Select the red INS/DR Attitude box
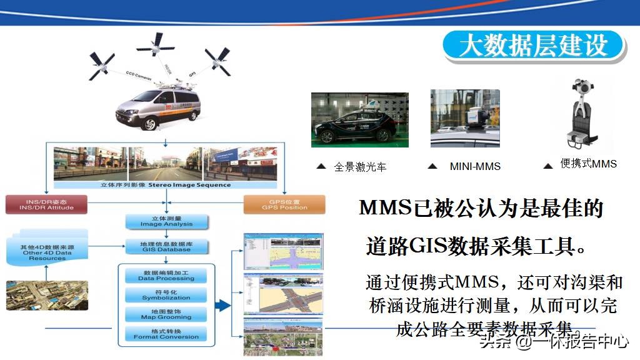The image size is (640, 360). (x=46, y=204)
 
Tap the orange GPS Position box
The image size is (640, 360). (x=284, y=204)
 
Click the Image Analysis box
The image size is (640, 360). (x=166, y=221)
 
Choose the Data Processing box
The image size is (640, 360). (x=166, y=275)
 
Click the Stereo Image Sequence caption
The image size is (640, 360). (x=166, y=185)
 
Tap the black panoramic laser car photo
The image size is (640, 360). (x=359, y=120)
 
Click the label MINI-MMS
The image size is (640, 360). (x=475, y=166)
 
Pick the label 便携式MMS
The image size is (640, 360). (x=588, y=164)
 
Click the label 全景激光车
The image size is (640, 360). (x=360, y=166)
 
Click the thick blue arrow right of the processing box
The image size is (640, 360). (x=222, y=306)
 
